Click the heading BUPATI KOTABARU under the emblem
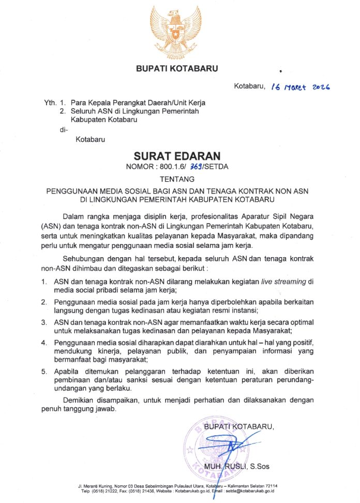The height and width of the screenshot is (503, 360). (177, 68)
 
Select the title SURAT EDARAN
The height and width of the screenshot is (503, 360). (177, 156)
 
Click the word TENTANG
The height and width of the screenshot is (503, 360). (177, 180)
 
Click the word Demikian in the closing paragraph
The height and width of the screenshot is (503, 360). (79, 401)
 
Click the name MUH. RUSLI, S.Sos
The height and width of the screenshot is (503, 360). (236, 467)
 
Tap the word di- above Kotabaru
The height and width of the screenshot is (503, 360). (64, 129)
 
